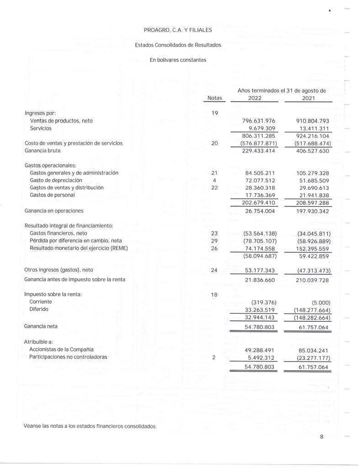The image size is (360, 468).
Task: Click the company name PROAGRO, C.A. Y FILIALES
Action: tap(178, 31)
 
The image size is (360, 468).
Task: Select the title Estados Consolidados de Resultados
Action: tap(178, 45)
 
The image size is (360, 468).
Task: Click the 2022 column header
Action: tap(254, 98)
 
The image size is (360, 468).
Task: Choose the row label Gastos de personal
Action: tap(52, 195)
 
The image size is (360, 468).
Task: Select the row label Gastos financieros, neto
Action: tap(58, 233)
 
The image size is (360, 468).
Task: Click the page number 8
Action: tap(322, 437)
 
